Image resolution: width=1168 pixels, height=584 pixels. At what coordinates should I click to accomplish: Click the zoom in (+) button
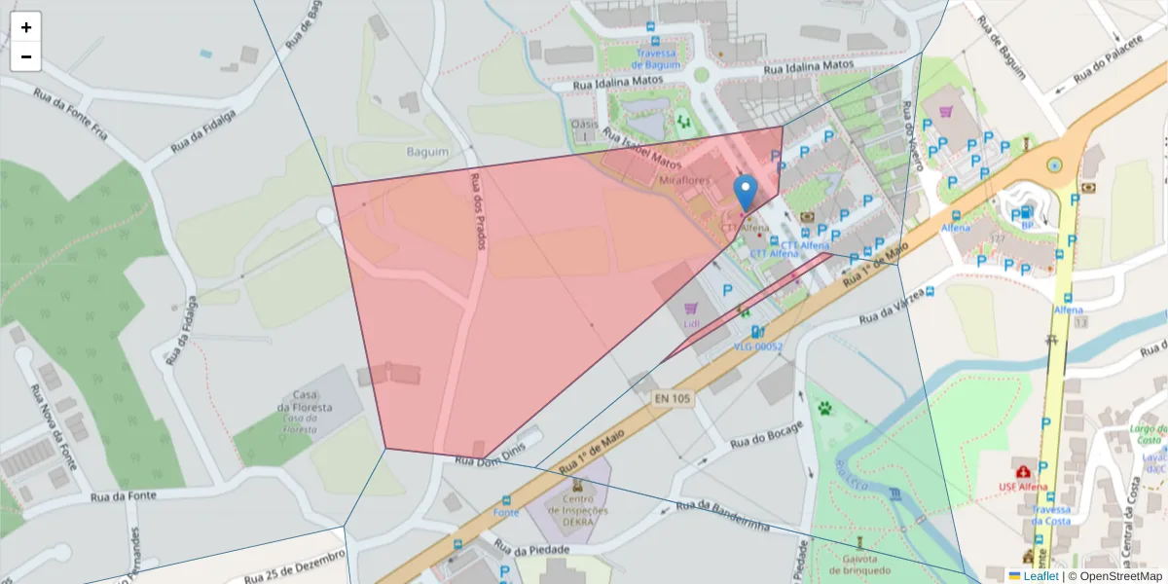click(x=26, y=27)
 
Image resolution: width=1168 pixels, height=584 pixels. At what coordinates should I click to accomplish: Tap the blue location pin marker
click(x=746, y=193)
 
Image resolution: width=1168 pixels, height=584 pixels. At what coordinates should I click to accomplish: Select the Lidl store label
click(x=691, y=323)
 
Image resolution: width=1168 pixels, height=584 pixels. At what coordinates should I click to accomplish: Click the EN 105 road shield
click(x=672, y=398)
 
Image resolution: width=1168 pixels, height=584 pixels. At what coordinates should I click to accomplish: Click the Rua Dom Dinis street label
click(x=492, y=460)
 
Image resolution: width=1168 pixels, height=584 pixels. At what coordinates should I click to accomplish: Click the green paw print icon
click(x=826, y=407)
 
